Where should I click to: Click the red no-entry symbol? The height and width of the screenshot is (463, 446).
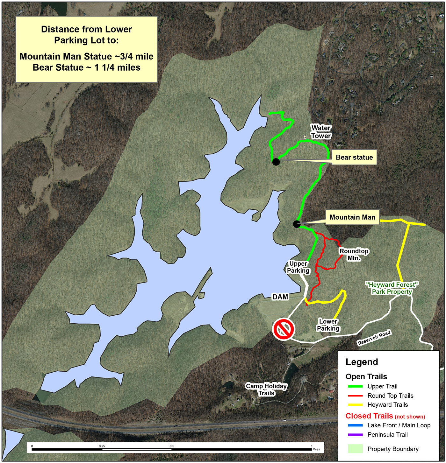pos(283,329)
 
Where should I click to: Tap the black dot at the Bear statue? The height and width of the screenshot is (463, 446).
pos(276,162)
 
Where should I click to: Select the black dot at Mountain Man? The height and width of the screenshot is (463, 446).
pos(297,224)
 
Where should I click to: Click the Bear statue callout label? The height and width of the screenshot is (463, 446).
pos(354,157)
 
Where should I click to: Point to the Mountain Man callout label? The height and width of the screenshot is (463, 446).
pos(352,217)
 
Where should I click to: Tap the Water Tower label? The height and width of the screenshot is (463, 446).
pos(321,132)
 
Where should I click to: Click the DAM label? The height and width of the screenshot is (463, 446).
pos(280,297)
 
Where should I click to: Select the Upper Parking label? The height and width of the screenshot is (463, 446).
pos(298,267)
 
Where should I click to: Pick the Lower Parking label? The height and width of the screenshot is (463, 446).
pos(328,325)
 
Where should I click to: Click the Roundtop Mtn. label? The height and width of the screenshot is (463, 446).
pos(354,255)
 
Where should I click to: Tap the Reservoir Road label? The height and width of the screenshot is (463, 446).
pos(374,338)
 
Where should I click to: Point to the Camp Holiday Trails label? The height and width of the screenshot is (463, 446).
pos(266,389)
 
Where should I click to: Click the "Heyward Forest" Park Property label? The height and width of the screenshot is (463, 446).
pos(392,288)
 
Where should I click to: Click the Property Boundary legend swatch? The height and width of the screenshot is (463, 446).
pos(355,449)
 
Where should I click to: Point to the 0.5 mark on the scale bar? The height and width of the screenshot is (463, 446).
pos(172,449)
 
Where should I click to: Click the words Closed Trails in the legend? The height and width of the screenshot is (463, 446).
pos(369,416)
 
